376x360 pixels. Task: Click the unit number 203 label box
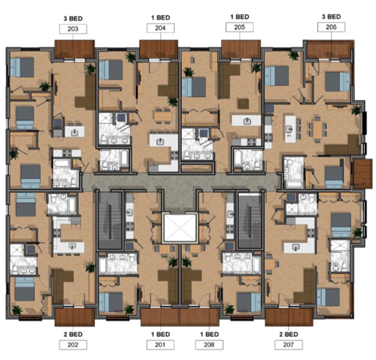(72, 29)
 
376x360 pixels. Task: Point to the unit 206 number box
(331, 27)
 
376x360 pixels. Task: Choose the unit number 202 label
(72, 344)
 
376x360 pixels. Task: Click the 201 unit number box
(160, 344)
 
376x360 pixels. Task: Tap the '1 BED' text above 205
(239, 16)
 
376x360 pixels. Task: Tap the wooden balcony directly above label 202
(73, 316)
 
